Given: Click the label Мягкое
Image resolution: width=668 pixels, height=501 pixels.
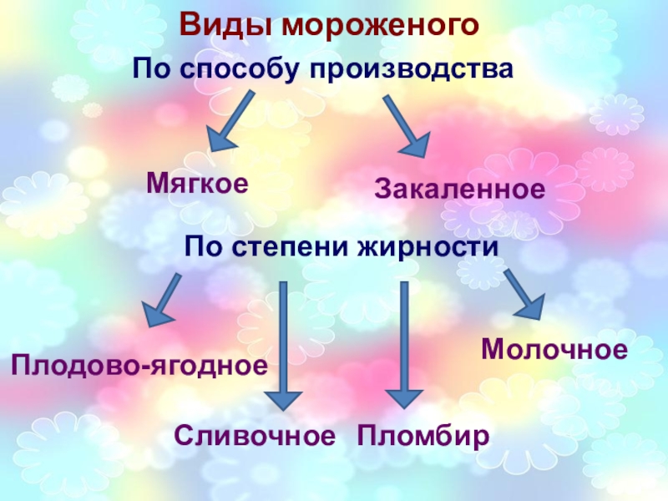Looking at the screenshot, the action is click(198, 183).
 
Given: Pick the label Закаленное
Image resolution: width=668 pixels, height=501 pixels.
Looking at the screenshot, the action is click(459, 188).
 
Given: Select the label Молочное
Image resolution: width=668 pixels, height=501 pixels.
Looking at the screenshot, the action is click(554, 349).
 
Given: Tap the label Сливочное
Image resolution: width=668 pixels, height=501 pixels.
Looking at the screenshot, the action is click(255, 435).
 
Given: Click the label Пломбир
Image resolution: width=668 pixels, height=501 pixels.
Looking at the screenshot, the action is click(423, 435).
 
